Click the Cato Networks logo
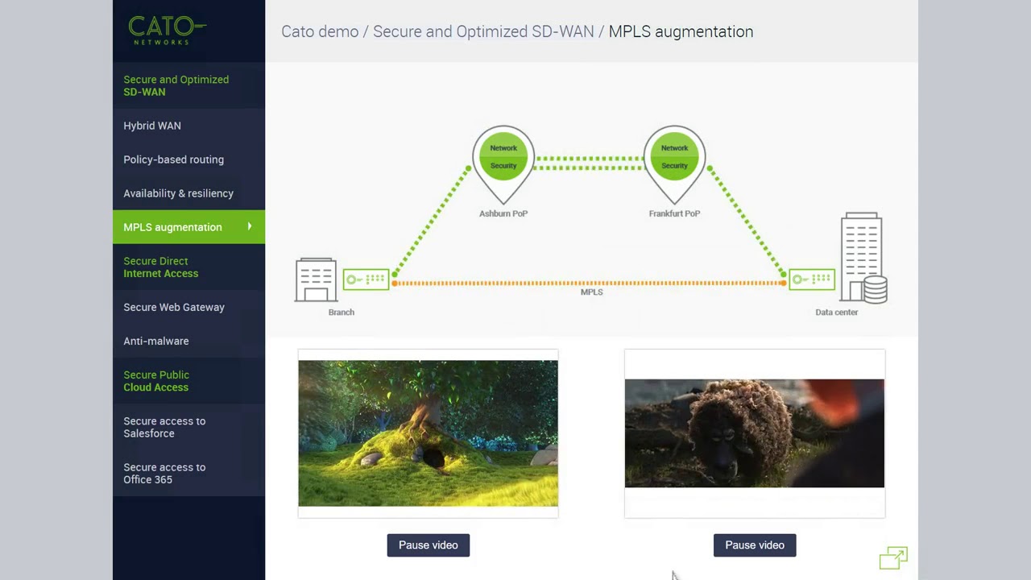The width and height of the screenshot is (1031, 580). pos(167,31)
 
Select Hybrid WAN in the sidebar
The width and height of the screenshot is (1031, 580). pos(152,126)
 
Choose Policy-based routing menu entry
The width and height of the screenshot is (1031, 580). pos(173,159)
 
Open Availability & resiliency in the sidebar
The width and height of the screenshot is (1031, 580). pos(178,193)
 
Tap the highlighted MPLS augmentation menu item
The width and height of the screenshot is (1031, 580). pos(172,227)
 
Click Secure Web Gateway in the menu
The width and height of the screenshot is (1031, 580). pos(174,307)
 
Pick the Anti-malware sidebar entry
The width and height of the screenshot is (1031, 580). pos(156,341)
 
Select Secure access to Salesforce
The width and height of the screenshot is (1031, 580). pos(164,427)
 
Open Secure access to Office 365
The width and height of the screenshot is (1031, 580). pos(164,473)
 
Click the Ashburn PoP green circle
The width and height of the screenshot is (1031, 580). pos(503,156)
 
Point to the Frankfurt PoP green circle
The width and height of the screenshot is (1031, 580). pos(674,156)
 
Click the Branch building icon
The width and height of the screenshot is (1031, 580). pos(316,280)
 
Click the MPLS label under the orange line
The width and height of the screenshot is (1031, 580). pos(591,292)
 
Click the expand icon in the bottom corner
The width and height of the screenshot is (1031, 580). pos(893,557)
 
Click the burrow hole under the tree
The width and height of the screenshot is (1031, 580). pos(433,460)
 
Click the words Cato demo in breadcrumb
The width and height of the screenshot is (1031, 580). pos(320,31)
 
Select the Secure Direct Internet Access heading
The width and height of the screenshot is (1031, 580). pos(160,267)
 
